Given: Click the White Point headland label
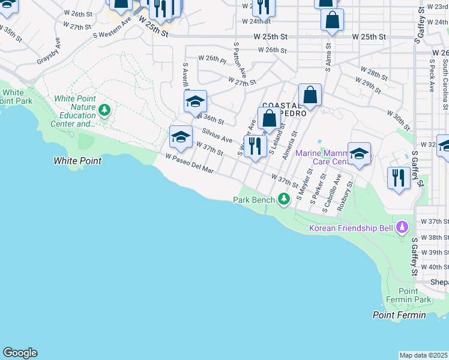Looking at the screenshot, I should point(77,161).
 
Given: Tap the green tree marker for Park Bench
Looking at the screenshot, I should point(284,199).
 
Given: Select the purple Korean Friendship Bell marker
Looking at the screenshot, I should point(402,228).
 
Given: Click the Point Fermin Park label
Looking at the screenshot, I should point(414,295).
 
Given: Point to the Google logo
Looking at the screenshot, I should point(19,353).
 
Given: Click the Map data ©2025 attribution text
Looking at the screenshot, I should point(423,355).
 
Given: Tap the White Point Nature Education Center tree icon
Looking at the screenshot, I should point(105,110).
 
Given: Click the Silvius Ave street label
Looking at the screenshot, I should point(217,136).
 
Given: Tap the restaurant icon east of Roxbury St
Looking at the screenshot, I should point(399,178).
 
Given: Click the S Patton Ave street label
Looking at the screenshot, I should point(240,60).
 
